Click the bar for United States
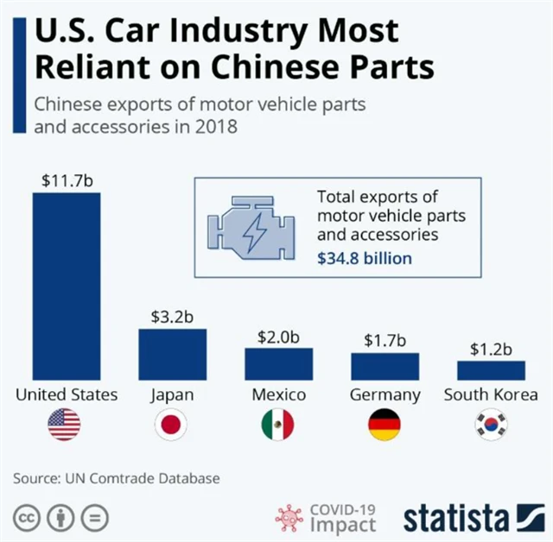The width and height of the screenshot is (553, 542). coord(67,286)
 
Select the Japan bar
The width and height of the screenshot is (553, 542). coord(173,354)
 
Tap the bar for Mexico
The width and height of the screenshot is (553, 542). coord(278,363)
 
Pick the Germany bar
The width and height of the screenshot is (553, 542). coord(385,366)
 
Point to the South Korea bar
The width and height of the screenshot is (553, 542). coord(491,370)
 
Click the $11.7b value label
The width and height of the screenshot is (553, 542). coord(67,181)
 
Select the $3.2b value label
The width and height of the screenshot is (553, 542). coord(173,317)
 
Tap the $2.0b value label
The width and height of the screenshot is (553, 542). coord(278,337)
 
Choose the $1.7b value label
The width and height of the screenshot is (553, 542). coord(385,341)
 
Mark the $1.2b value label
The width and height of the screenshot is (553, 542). coord(491,350)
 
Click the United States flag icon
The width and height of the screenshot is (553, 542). coord(64,425)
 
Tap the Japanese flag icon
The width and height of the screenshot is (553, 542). coord(171,425)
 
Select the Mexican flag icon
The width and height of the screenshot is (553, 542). coord(277,425)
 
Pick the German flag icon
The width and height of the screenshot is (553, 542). coord(385,425)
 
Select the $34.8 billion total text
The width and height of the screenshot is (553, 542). coord(365,258)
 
